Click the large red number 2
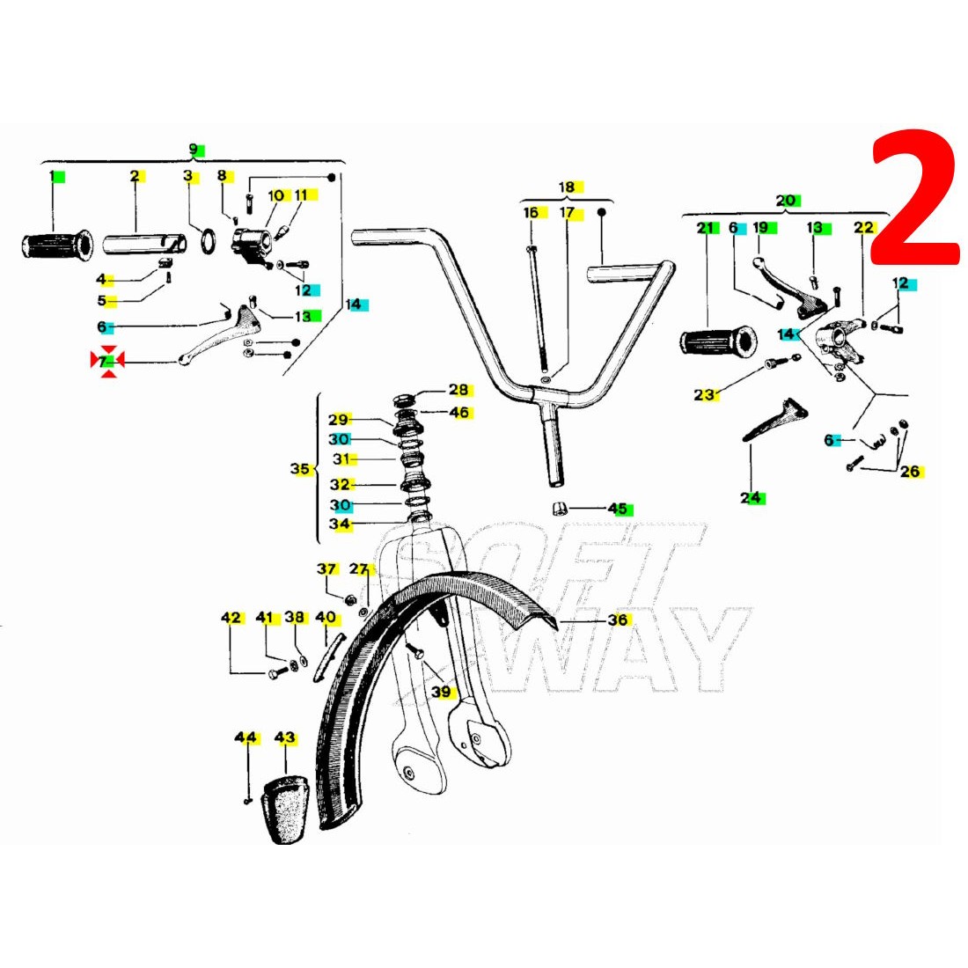tap(915, 198)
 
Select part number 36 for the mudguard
tap(618, 620)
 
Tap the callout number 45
tap(618, 509)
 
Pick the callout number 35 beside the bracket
tap(300, 469)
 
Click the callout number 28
tap(458, 390)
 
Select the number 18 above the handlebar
tap(567, 187)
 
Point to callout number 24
tap(750, 498)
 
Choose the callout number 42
tap(231, 618)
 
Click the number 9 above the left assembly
tap(194, 149)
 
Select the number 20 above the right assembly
tap(786, 200)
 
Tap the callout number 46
tap(459, 413)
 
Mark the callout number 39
tap(441, 692)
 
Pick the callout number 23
tap(704, 394)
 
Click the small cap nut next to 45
tap(559, 508)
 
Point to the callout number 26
tap(910, 472)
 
